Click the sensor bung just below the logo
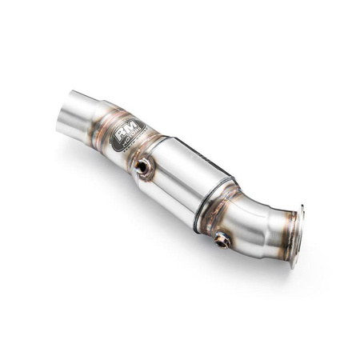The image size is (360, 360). (x=144, y=166)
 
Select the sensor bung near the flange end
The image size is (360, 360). (x=222, y=239)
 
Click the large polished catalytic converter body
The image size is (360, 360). (x=192, y=180)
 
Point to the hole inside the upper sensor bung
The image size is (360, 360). (x=144, y=166)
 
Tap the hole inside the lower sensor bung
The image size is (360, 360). (x=222, y=240)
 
